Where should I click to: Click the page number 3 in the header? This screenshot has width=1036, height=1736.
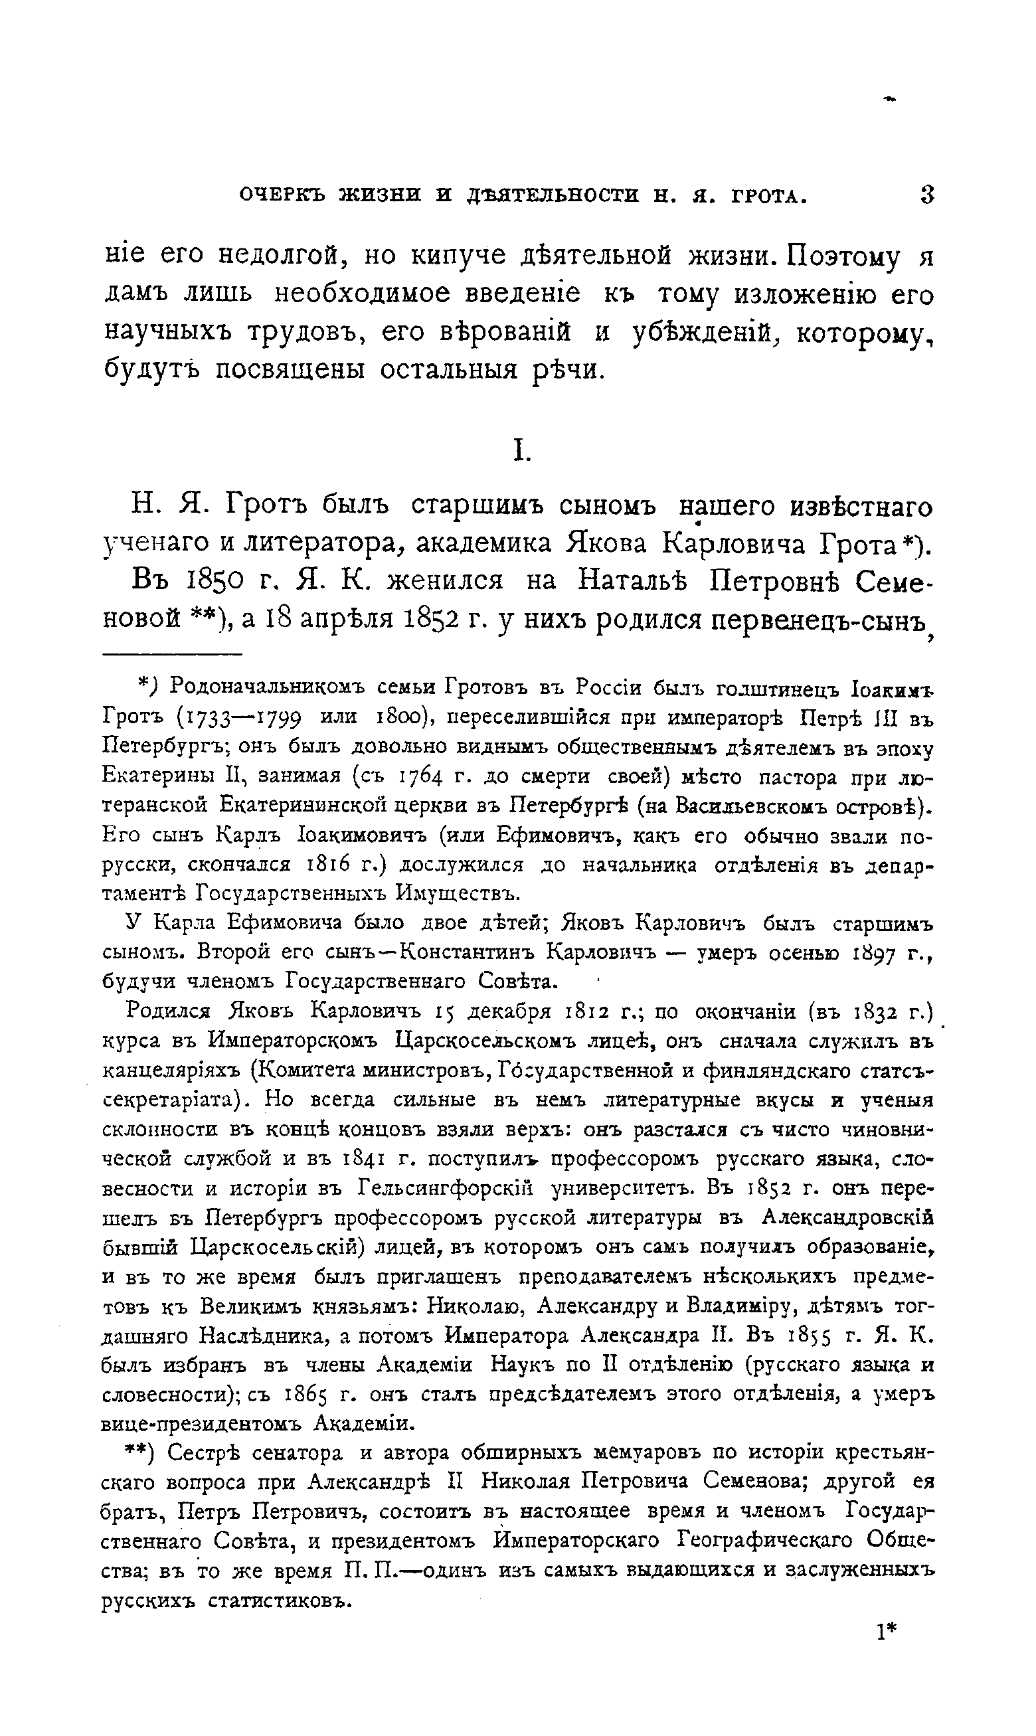click(927, 194)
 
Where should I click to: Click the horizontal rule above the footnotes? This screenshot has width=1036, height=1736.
click(172, 654)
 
